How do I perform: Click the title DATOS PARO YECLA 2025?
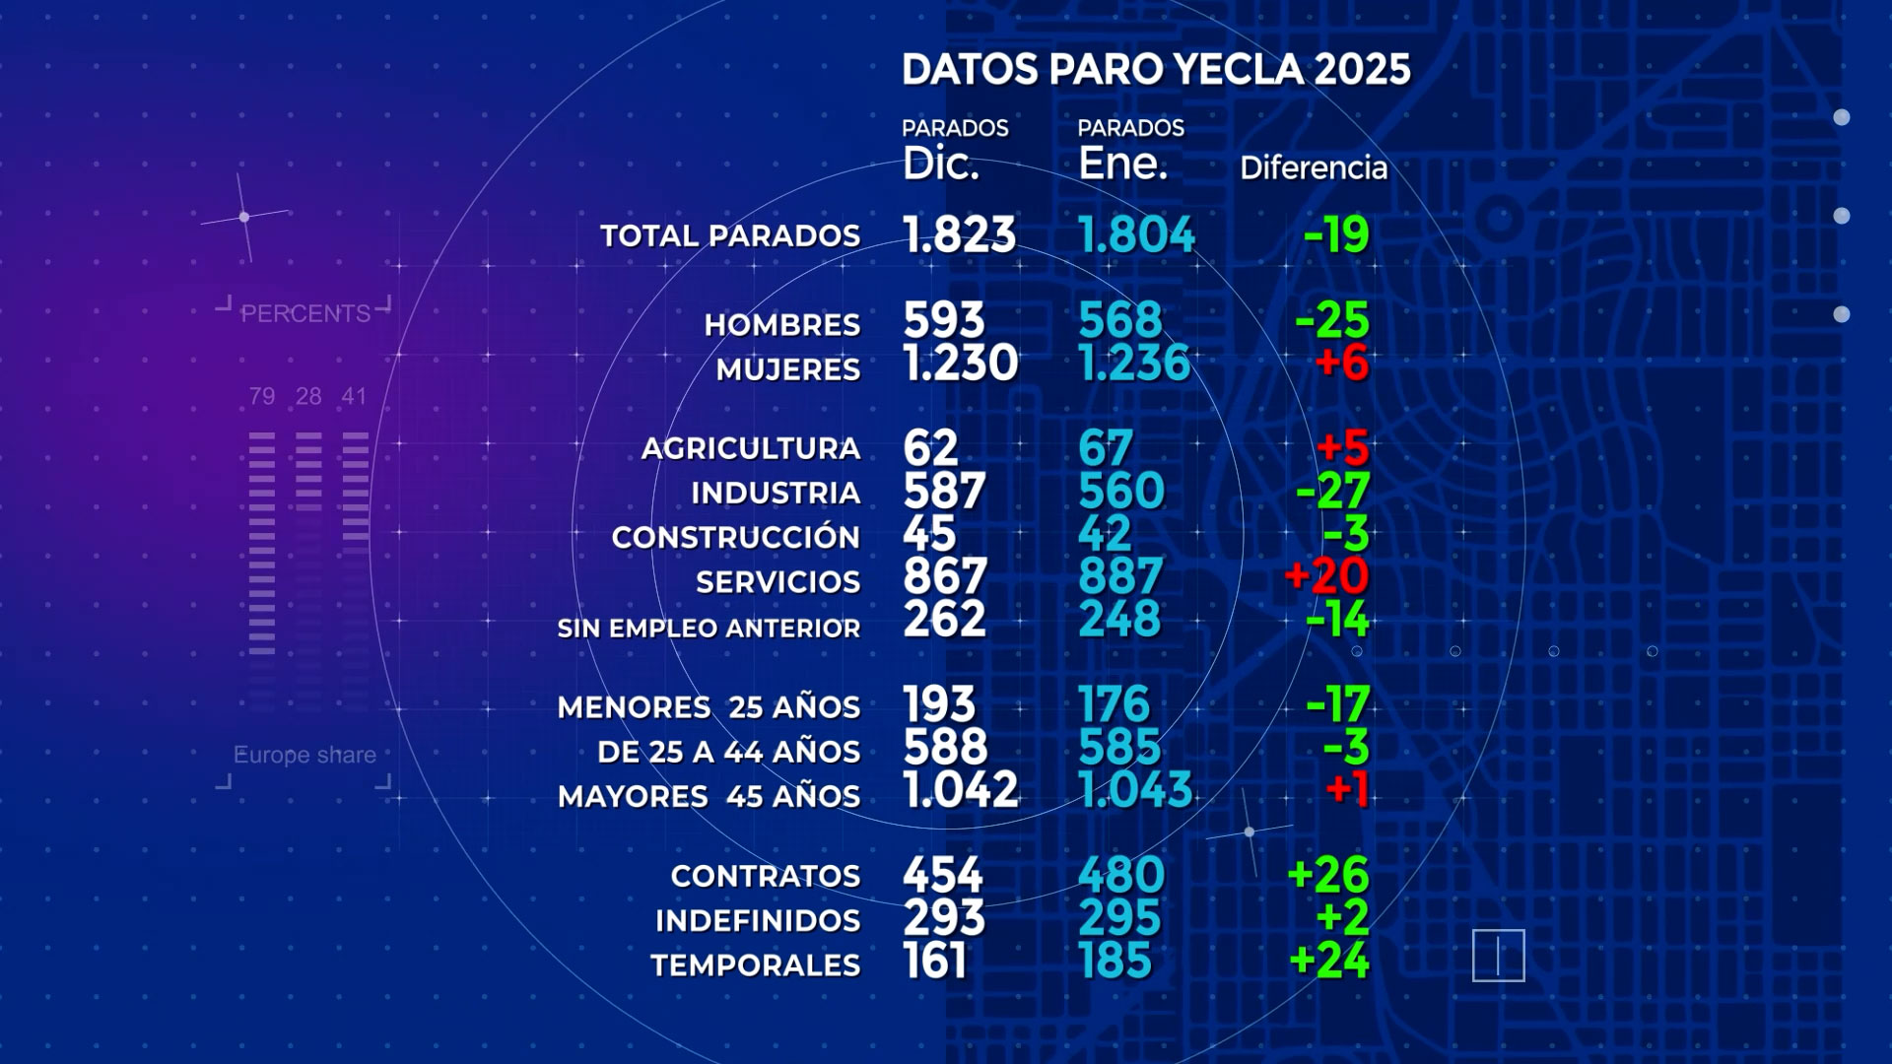click(x=1156, y=70)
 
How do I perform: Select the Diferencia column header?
click(x=1313, y=168)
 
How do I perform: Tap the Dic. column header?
click(x=941, y=164)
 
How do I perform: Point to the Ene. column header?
click(x=1122, y=164)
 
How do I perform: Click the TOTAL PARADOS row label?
click(x=730, y=236)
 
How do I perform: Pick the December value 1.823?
click(x=959, y=234)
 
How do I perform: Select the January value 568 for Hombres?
click(x=1120, y=320)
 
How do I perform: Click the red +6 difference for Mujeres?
click(x=1341, y=364)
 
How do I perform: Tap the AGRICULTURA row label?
click(x=751, y=449)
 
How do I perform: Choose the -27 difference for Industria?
click(x=1333, y=491)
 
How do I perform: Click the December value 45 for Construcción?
click(x=929, y=534)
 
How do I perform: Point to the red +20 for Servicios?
click(x=1326, y=576)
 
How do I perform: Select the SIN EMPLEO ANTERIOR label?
click(x=709, y=629)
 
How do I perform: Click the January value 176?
click(x=1114, y=705)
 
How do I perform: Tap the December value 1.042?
click(x=961, y=790)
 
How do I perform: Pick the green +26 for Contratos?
click(x=1327, y=875)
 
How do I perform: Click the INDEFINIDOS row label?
click(x=758, y=921)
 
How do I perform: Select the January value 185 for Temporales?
click(x=1115, y=962)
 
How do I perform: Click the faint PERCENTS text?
click(x=305, y=314)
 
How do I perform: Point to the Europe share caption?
click(x=304, y=756)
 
